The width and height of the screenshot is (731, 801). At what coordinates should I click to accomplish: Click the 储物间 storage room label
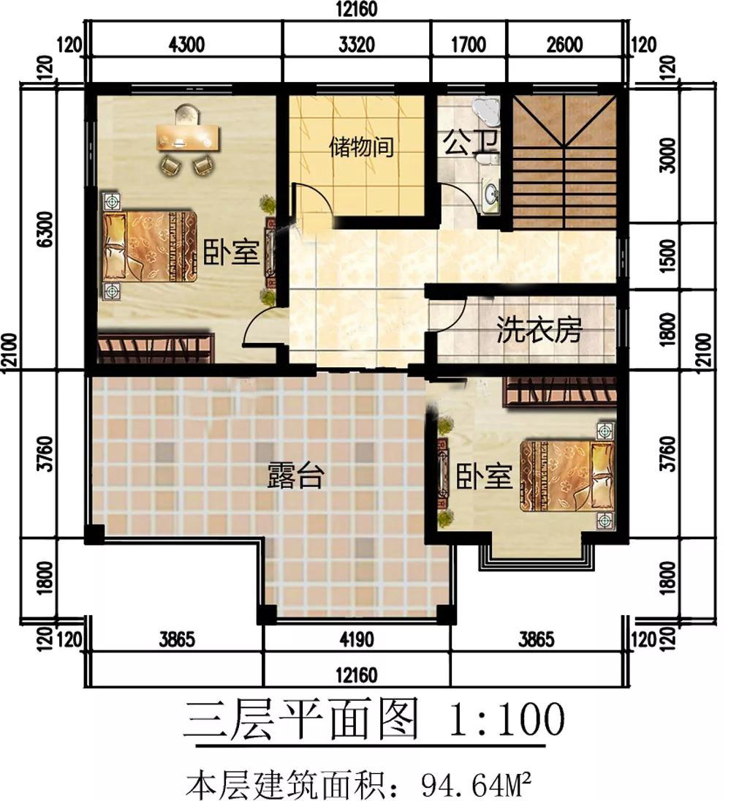(361, 146)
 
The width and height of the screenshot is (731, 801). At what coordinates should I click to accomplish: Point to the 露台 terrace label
(295, 475)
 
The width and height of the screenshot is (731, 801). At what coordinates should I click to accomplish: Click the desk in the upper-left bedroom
(188, 137)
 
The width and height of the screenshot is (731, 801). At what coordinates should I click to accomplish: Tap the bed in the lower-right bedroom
(567, 476)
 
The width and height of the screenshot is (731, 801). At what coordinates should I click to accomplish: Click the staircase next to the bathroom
(564, 161)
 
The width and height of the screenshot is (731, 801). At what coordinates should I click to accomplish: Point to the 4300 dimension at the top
(187, 45)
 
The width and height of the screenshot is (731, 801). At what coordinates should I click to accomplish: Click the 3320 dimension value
(357, 45)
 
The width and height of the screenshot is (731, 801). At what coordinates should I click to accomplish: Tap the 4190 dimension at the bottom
(357, 639)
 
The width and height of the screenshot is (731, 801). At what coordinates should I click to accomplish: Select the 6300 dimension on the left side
(45, 229)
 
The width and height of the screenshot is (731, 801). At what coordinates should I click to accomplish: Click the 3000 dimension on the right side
(668, 155)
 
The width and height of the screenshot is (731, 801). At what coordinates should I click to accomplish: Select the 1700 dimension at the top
(469, 45)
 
